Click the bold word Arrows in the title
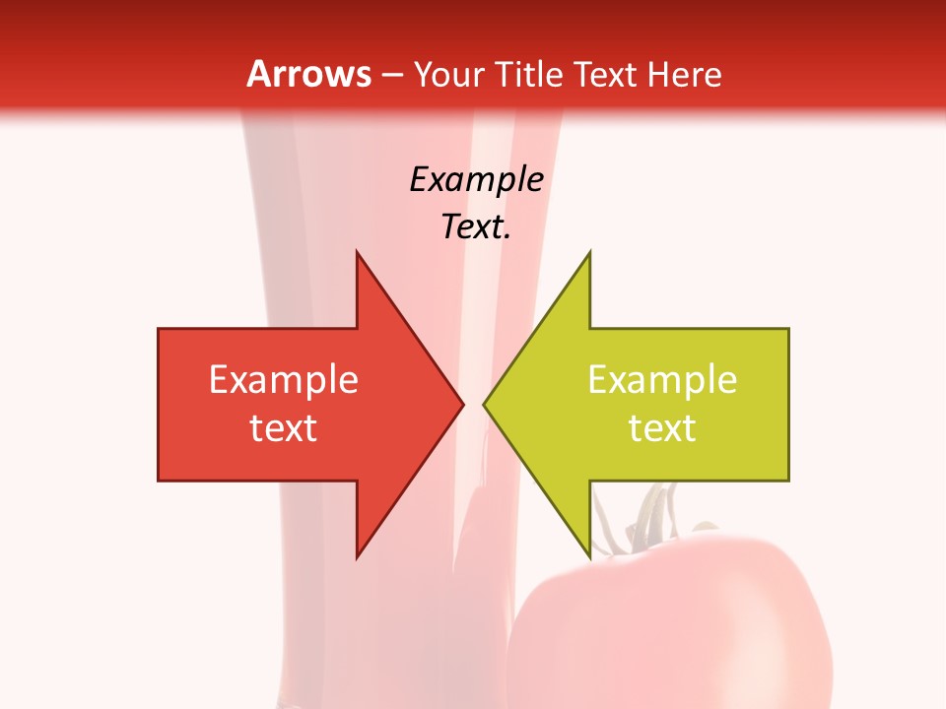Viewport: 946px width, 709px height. click(x=309, y=74)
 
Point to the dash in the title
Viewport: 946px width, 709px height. click(x=392, y=75)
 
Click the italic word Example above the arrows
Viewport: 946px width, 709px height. click(x=476, y=179)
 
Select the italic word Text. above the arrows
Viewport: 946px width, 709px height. click(x=476, y=227)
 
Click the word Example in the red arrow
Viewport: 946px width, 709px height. click(x=284, y=380)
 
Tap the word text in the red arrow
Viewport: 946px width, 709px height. click(x=284, y=428)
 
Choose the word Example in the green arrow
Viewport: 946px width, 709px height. click(x=662, y=380)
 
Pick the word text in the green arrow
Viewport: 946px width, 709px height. click(x=662, y=428)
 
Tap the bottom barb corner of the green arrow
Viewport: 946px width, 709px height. click(x=588, y=553)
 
